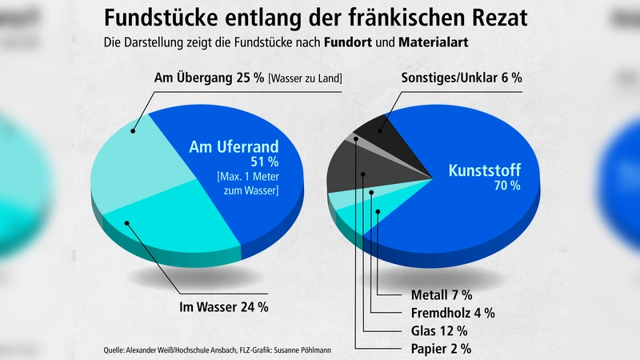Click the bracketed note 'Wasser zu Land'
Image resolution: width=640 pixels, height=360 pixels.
(306, 78)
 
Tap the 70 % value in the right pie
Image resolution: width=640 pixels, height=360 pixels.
(506, 186)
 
